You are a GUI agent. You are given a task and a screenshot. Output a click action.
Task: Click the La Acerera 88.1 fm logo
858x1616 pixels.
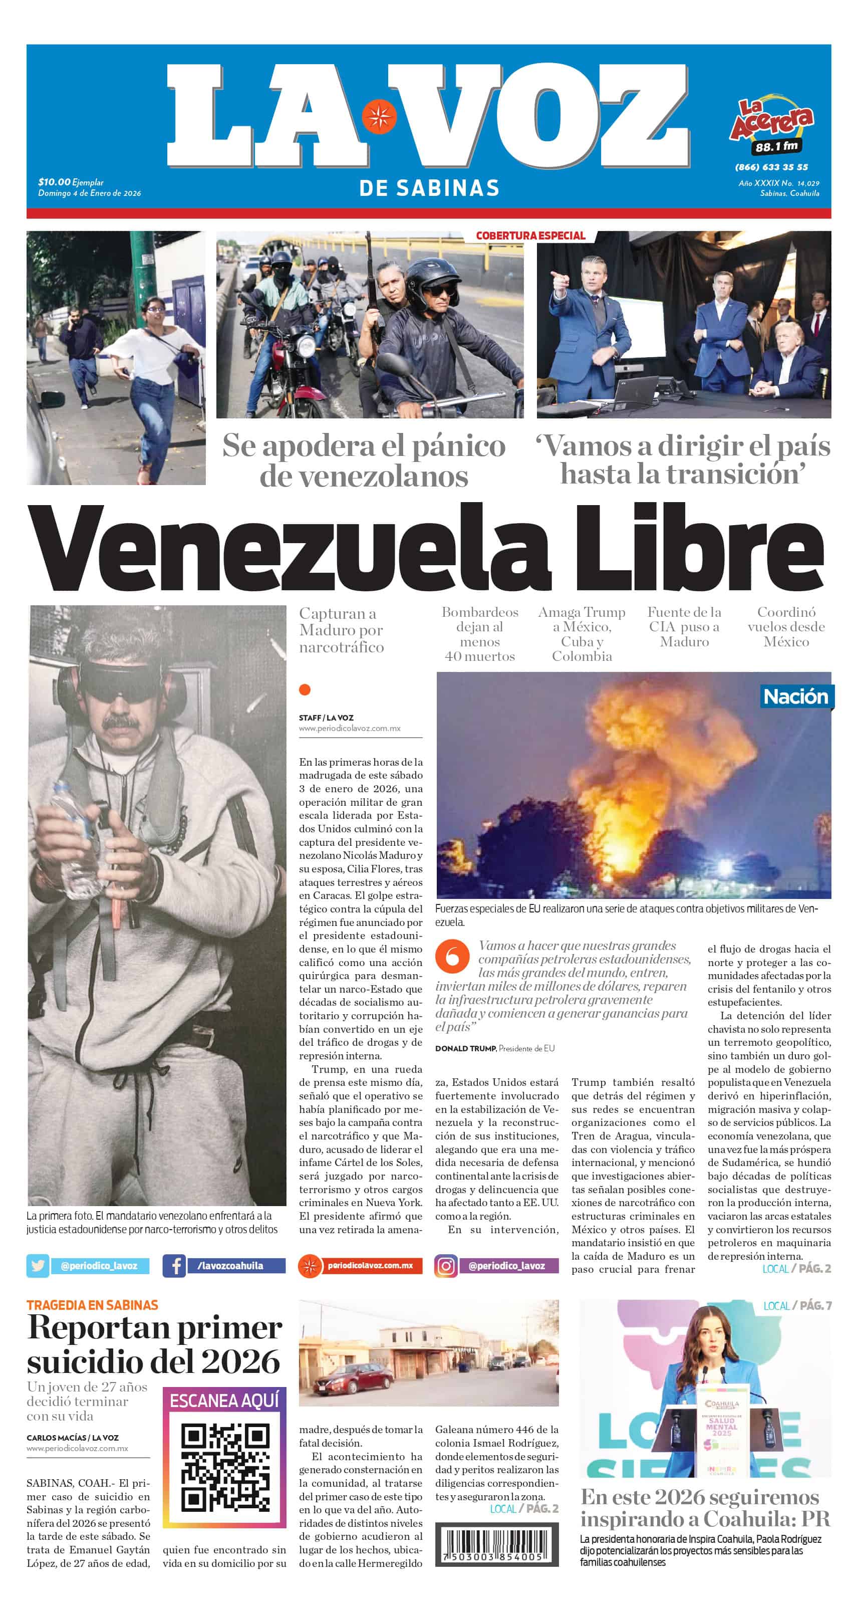[x=771, y=128]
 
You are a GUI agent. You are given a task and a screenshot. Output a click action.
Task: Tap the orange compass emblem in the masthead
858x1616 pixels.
[x=378, y=117]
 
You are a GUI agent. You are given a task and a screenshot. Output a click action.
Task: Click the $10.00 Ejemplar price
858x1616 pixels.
[x=71, y=182]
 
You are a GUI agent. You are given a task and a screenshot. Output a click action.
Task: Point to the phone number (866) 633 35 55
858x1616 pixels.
[x=771, y=167]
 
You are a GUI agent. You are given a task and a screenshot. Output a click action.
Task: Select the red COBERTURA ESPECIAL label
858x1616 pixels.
[x=530, y=236]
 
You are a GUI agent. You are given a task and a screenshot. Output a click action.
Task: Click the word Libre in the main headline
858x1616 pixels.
[x=697, y=547]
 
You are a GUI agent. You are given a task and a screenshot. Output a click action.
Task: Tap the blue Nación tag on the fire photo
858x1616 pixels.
[x=795, y=697]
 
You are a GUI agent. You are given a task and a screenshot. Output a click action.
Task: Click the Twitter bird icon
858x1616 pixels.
[x=38, y=1265]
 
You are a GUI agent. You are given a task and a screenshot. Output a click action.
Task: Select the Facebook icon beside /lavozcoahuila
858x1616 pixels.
[x=174, y=1265]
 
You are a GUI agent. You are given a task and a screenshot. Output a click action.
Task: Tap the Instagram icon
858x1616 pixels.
[x=445, y=1265]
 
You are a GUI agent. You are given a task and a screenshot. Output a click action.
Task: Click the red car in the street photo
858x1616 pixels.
[x=354, y=1379]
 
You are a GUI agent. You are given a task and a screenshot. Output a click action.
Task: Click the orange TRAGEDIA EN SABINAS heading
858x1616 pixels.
[x=92, y=1305]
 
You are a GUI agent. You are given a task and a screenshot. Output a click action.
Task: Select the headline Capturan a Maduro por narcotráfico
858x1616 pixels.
[x=341, y=630]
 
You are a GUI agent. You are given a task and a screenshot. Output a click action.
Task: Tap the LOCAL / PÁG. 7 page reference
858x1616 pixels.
[x=796, y=1305]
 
